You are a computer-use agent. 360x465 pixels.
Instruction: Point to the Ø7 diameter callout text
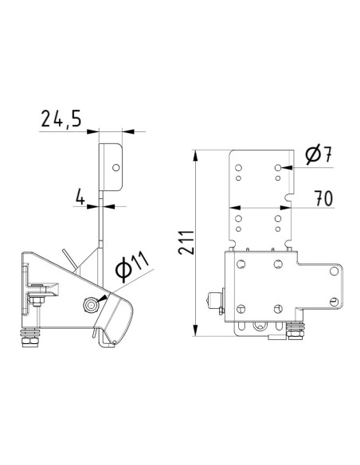click(x=318, y=155)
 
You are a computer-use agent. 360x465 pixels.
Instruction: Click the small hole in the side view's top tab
click(x=115, y=168)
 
